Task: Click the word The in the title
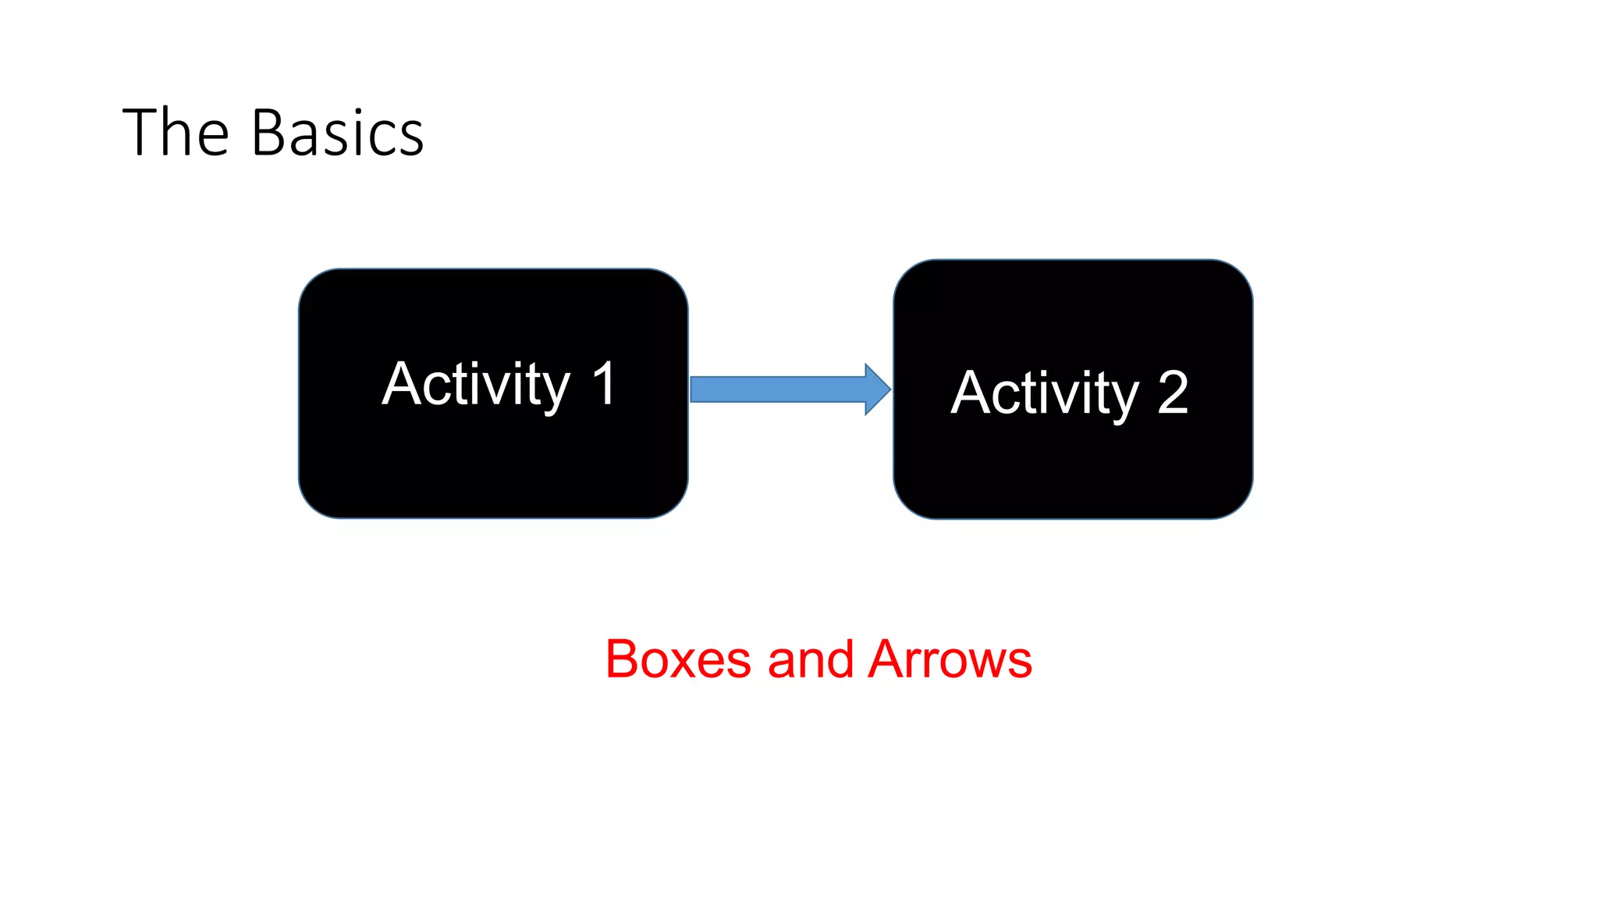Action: [x=176, y=133]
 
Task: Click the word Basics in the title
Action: [x=337, y=133]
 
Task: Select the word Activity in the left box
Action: [x=476, y=384]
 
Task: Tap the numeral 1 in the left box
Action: [x=604, y=384]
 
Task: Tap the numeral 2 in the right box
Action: [x=1173, y=393]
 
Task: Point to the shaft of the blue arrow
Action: [x=776, y=389]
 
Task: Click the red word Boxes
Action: [x=677, y=659]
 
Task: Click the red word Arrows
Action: [x=950, y=659]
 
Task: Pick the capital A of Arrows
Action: [x=890, y=659]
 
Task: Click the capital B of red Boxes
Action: [x=623, y=659]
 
